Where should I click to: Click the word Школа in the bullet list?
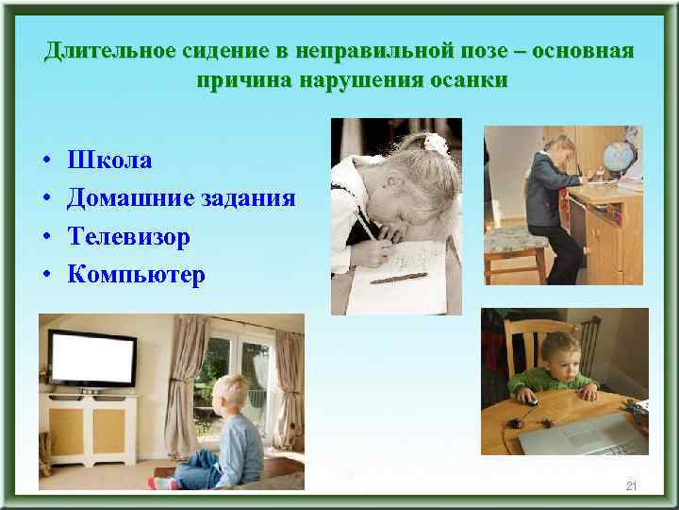pyautogui.click(x=109, y=161)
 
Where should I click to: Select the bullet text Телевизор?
pyautogui.click(x=128, y=236)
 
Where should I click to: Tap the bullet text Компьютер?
pyautogui.click(x=136, y=275)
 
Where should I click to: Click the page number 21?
pyautogui.click(x=631, y=485)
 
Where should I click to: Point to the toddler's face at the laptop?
pyautogui.click(x=560, y=352)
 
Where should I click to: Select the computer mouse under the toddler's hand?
pyautogui.click(x=531, y=400)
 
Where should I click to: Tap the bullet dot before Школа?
pyautogui.click(x=46, y=161)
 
